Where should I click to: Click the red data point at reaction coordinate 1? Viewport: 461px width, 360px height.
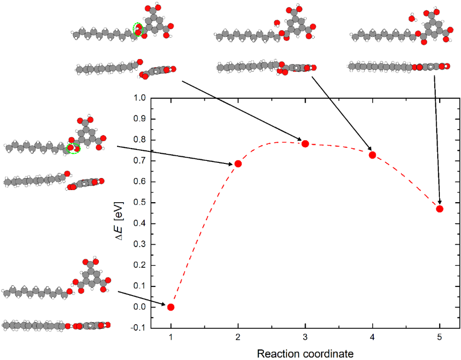(171, 307)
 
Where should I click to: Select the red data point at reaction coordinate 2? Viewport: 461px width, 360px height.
(238, 163)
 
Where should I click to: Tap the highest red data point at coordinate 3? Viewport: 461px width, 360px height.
(305, 144)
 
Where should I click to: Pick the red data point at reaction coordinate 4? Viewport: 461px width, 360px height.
(372, 155)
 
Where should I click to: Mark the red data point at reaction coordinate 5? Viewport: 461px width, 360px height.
(439, 209)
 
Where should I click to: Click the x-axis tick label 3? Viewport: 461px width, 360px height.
(305, 337)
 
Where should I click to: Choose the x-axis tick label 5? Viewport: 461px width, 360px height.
(439, 337)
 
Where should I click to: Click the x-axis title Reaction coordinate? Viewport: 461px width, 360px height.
(305, 353)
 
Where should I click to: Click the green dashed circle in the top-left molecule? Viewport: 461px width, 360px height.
(138, 29)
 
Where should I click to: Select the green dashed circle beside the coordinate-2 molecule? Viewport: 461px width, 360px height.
(74, 148)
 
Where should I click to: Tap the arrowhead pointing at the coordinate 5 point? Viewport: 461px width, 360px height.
(439, 202)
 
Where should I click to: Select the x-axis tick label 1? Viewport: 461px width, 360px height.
(171, 337)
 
